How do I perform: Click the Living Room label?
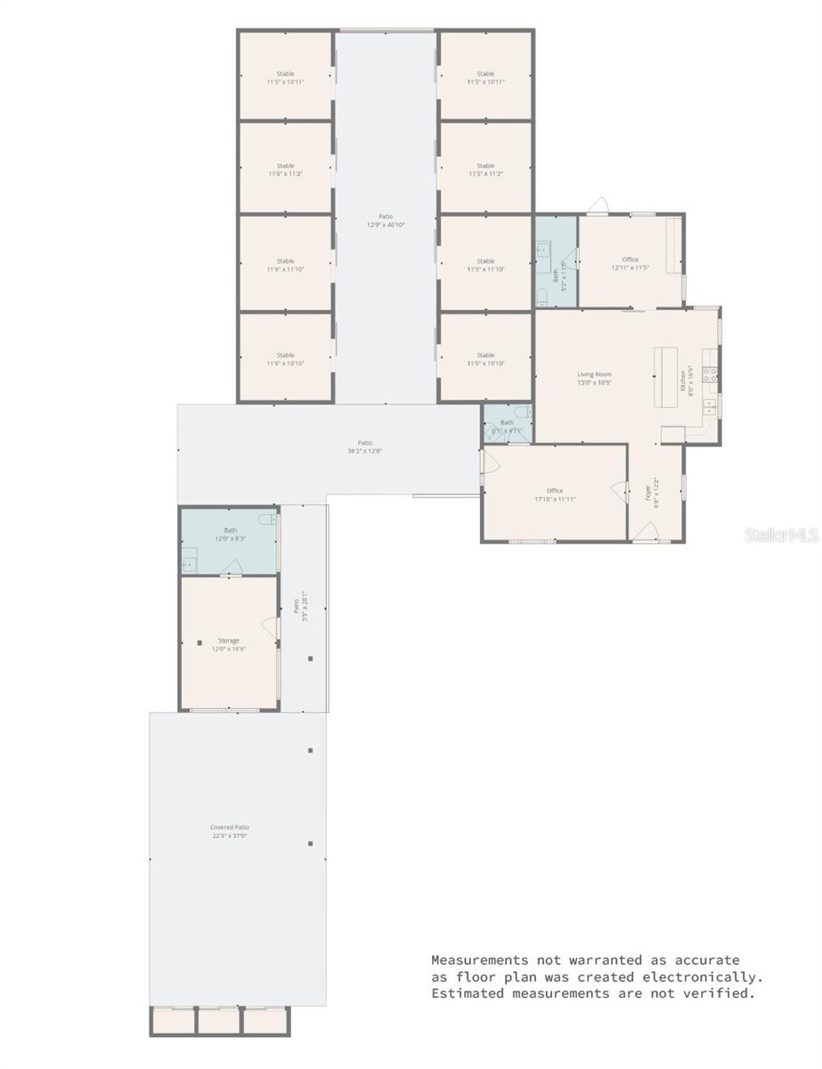coord(594,379)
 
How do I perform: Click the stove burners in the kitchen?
coord(711,374)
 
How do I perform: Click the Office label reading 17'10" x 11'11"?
coord(555,494)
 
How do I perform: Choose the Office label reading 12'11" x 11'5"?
coord(631,264)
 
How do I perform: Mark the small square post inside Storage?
coord(199,642)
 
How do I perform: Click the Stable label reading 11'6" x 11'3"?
coord(285,169)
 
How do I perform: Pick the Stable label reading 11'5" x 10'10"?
coord(485,359)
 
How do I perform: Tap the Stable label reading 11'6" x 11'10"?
coord(285,265)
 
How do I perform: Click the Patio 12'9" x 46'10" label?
coord(386,220)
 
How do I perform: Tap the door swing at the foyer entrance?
coord(647,532)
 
